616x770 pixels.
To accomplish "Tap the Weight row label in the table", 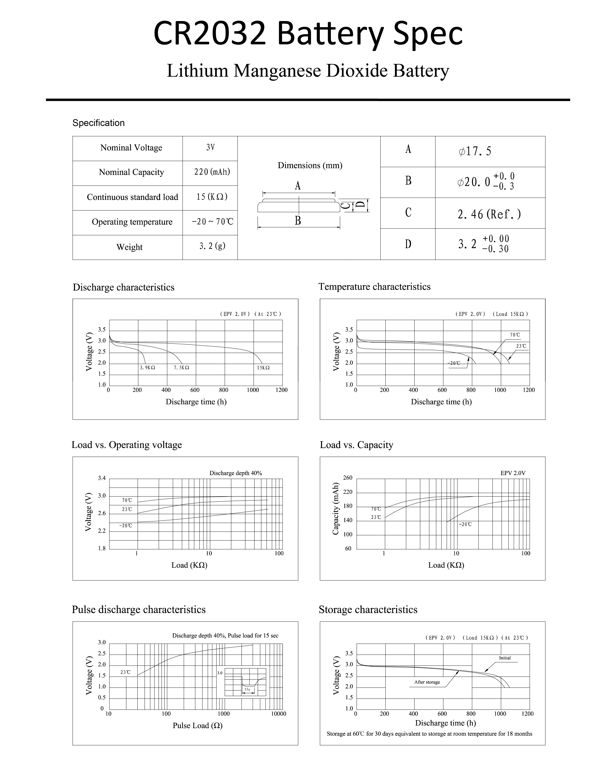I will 129,247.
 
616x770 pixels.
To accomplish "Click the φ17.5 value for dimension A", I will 475,151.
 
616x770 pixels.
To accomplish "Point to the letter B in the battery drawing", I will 298,221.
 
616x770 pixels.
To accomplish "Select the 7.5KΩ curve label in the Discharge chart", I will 181,367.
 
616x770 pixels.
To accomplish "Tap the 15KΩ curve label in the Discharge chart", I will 263,367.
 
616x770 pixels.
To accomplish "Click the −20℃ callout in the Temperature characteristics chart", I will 454,363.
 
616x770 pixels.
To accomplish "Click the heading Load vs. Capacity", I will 356,445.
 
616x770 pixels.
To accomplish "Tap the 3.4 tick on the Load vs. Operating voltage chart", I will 102,478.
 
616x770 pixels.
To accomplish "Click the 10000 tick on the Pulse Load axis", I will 279,714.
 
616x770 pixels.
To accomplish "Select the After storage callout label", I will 427,682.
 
